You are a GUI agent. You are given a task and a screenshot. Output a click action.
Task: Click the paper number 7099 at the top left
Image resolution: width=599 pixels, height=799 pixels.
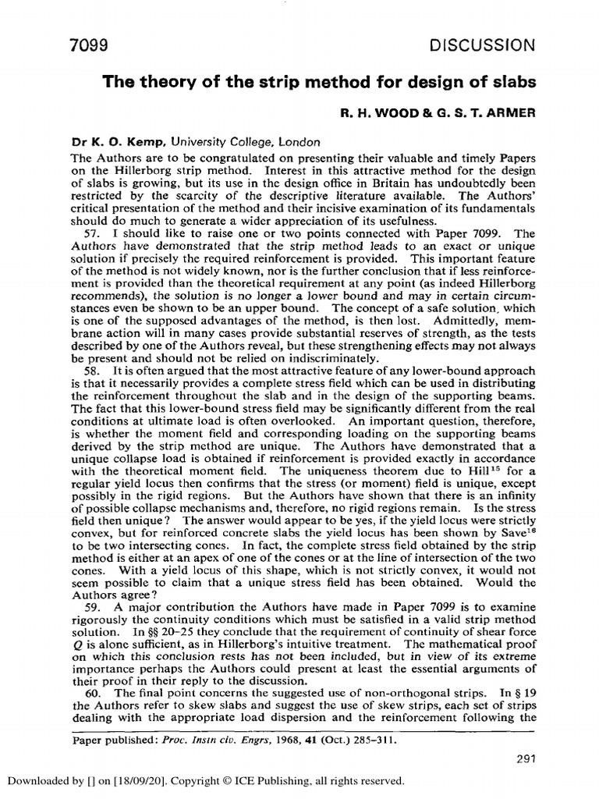click(87, 45)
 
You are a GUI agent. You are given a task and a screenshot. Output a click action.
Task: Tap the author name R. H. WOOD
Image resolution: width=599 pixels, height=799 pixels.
click(377, 112)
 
